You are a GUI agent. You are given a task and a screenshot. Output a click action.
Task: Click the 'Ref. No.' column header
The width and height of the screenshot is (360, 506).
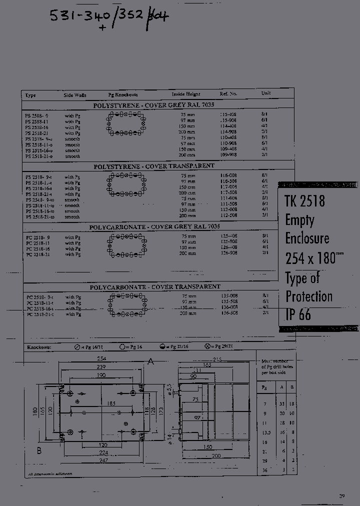click(x=228, y=93)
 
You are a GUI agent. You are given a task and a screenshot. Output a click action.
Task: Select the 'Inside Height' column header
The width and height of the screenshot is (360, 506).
click(x=186, y=94)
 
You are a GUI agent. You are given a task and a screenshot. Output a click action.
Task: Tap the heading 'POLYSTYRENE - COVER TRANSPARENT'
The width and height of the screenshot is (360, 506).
click(x=154, y=166)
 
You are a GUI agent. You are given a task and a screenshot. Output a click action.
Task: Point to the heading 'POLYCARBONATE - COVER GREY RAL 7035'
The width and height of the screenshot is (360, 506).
click(x=154, y=227)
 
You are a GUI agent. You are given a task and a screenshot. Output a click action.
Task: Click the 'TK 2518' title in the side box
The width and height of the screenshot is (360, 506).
click(x=304, y=201)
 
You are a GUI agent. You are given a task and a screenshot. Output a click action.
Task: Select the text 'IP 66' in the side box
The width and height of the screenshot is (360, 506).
click(x=298, y=314)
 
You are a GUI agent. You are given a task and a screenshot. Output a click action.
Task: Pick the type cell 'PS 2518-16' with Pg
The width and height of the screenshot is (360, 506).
click(x=36, y=127)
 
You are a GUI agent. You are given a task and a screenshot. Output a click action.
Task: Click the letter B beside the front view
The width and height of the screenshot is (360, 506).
click(x=38, y=450)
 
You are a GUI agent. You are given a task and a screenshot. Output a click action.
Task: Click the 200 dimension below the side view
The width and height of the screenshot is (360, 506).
click(x=215, y=456)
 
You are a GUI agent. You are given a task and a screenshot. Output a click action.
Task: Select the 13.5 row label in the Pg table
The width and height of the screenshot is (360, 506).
click(x=265, y=431)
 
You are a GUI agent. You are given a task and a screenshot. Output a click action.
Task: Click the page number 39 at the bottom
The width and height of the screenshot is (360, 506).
click(x=342, y=496)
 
